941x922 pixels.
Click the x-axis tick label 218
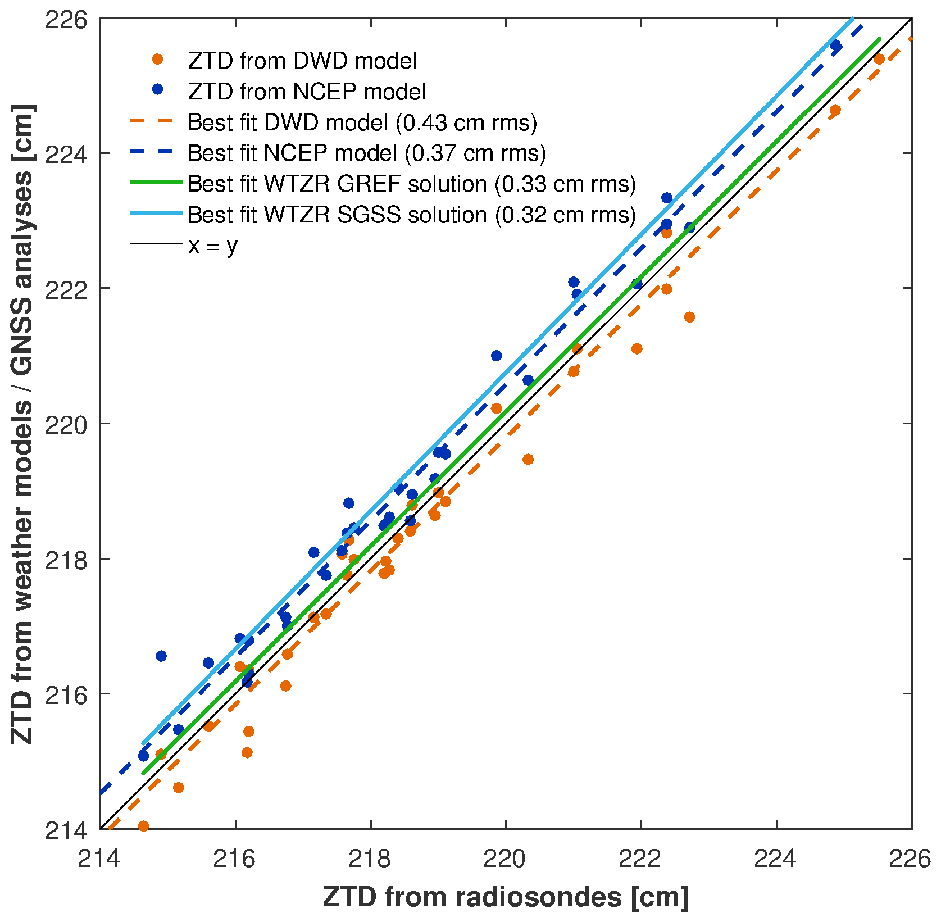click(371, 859)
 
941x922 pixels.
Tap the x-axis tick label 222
click(641, 859)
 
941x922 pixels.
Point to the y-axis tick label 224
click(66, 153)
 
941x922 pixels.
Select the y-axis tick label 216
click(66, 694)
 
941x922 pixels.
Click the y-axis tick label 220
click(66, 424)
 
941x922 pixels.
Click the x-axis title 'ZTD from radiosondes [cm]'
click(506, 897)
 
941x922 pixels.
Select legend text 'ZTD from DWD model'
click(302, 61)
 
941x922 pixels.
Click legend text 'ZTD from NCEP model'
click(307, 91)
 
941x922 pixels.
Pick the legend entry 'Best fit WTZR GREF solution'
click(411, 184)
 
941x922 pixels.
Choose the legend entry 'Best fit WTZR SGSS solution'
click(411, 215)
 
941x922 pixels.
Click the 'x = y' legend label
click(213, 246)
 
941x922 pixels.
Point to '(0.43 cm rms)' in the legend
click(466, 122)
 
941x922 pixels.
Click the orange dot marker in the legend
click(158, 60)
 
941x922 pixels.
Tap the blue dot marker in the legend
click(158, 90)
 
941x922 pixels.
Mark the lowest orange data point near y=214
click(143, 826)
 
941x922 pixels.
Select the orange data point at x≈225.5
click(879, 60)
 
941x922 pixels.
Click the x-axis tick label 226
click(910, 859)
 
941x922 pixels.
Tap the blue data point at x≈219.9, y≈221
click(496, 356)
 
